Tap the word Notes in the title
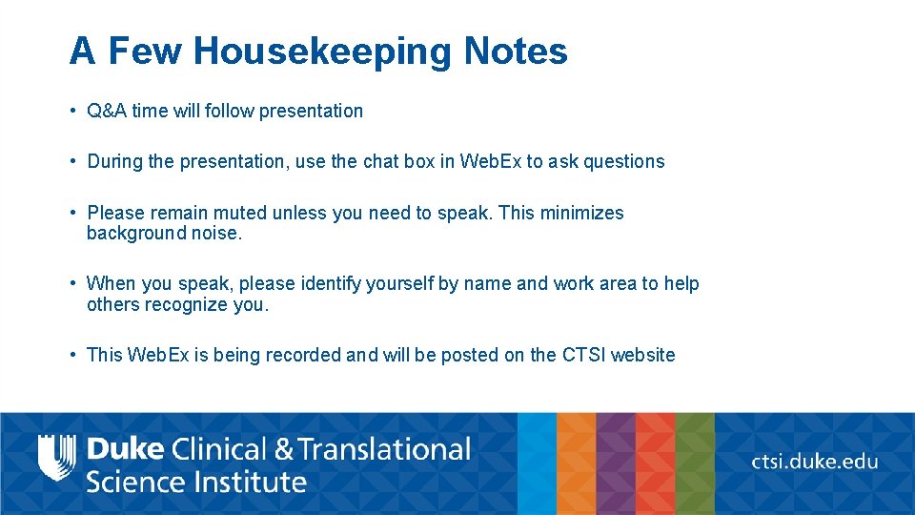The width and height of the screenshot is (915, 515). [x=516, y=51]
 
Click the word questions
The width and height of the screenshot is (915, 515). [x=623, y=161]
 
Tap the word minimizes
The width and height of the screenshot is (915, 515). [x=581, y=213]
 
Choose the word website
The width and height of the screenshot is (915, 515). [x=642, y=355]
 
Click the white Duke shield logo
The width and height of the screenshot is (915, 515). [x=56, y=458]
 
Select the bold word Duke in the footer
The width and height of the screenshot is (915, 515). [x=125, y=448]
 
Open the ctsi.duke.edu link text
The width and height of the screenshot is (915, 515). [x=815, y=462]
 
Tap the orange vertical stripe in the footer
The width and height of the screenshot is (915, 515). [x=576, y=463]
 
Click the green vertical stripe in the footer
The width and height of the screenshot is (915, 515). [x=695, y=463]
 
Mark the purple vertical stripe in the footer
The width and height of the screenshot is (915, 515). [x=616, y=463]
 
